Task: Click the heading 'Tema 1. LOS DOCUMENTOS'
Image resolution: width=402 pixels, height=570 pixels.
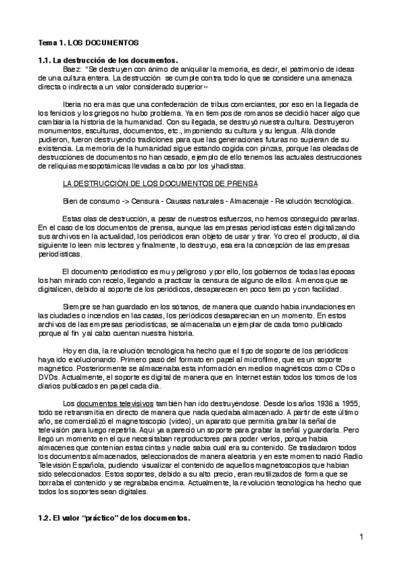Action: (x=87, y=42)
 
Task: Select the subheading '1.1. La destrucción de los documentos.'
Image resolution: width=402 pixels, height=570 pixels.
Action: (x=108, y=60)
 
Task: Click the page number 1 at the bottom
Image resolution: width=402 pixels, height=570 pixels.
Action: (x=360, y=536)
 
